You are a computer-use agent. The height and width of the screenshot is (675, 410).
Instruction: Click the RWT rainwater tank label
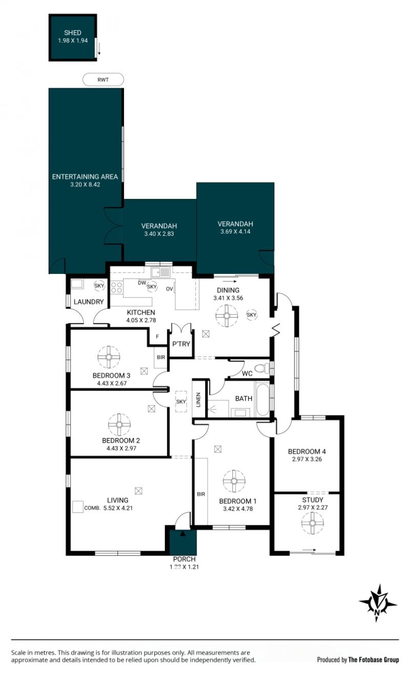coord(103,80)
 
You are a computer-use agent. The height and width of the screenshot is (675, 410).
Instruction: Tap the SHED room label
coord(73,32)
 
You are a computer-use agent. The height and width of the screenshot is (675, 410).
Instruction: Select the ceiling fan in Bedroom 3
coord(109,357)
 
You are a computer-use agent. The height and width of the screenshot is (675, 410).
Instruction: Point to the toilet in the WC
coord(263,368)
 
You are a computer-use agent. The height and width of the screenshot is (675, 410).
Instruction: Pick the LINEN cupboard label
coord(198,400)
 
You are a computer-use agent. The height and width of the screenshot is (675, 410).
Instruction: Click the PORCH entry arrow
coord(182,533)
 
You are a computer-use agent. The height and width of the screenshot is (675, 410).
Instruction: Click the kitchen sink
coord(161,272)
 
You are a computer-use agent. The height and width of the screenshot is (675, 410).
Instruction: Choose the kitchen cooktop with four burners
coord(116,287)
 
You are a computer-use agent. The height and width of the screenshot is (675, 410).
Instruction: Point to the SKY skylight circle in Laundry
coord(99,286)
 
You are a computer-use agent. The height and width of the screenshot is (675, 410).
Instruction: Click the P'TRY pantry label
coord(181,344)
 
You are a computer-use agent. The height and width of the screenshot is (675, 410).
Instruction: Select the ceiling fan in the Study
coord(313,523)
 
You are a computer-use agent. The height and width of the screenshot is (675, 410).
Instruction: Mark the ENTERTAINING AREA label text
coord(85,176)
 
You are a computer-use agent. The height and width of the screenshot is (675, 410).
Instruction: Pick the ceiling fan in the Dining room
coord(227,315)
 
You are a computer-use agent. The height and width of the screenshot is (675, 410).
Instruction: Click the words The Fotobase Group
coord(373,660)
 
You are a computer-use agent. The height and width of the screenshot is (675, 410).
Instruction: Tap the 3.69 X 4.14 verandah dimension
coord(235,231)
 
